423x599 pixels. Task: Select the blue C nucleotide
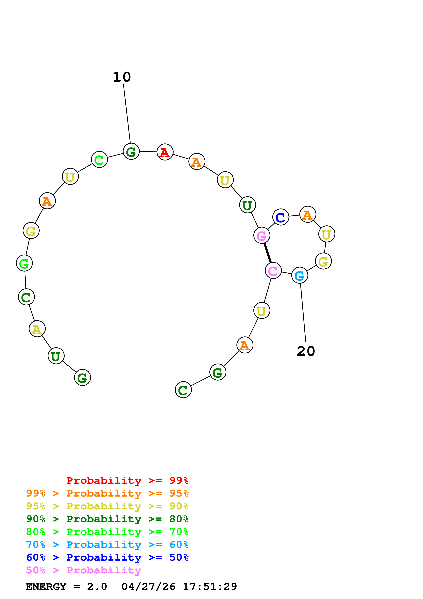[281, 217]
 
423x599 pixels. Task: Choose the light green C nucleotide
[99, 159]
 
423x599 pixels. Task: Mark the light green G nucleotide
[24, 263]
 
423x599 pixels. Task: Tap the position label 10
[122, 77]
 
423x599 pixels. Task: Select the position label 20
[306, 351]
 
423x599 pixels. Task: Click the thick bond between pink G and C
[267, 253]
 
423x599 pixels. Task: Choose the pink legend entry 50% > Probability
[84, 570]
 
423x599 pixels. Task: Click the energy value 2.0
[97, 587]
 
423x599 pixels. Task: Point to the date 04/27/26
[148, 587]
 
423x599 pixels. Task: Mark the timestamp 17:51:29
[210, 587]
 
